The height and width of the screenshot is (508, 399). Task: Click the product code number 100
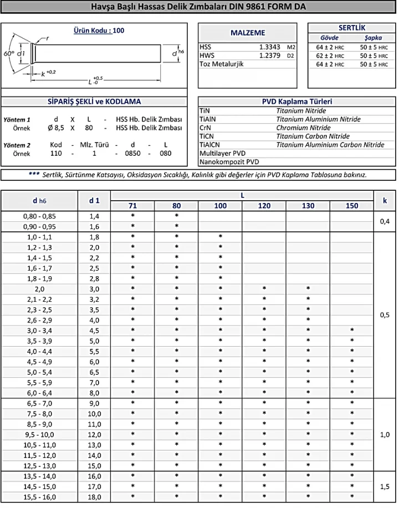pyautogui.click(x=118, y=31)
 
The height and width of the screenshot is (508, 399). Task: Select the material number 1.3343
pyautogui.click(x=269, y=48)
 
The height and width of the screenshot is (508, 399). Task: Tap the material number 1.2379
pyautogui.click(x=269, y=56)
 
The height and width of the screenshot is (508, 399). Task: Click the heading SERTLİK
pyautogui.click(x=351, y=28)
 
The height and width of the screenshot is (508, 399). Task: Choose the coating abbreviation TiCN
pyautogui.click(x=207, y=136)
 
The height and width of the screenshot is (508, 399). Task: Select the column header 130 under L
pyautogui.click(x=308, y=206)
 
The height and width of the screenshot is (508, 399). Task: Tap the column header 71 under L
pyautogui.click(x=133, y=206)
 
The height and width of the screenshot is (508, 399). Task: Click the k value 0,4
pyautogui.click(x=385, y=221)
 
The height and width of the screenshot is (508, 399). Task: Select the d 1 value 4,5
pyautogui.click(x=94, y=331)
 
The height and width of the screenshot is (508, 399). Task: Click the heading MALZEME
pyautogui.click(x=248, y=33)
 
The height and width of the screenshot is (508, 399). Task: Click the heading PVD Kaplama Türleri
pyautogui.click(x=296, y=101)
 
